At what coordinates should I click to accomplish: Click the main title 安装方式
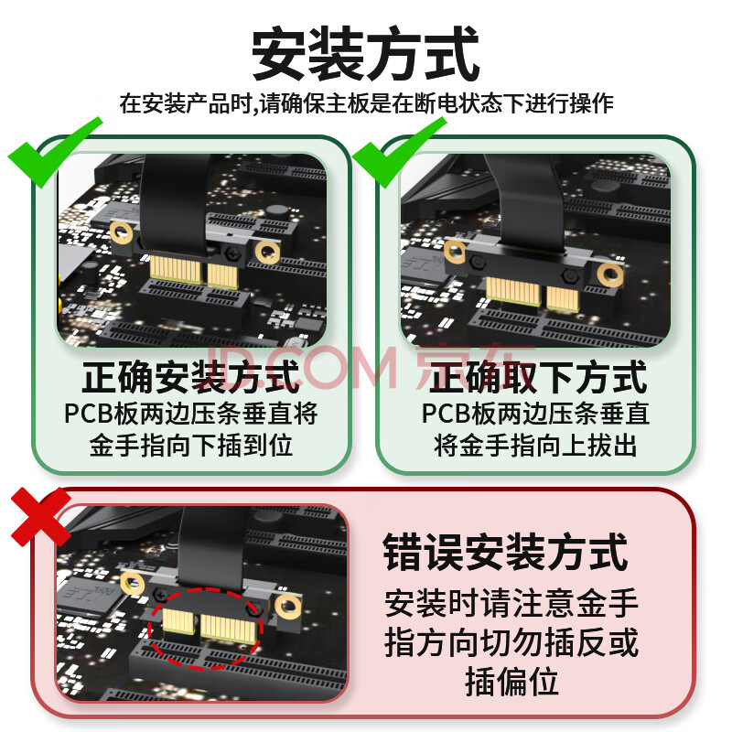(365, 54)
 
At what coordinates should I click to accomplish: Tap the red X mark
(40, 517)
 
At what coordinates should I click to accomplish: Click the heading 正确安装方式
(191, 378)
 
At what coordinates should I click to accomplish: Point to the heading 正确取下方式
(538, 378)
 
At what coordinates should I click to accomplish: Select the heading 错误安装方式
(505, 554)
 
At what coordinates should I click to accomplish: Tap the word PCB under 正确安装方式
(89, 414)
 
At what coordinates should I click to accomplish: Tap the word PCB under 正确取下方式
(447, 414)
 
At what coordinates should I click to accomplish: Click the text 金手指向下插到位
(191, 446)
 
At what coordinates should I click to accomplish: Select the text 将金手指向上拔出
(535, 446)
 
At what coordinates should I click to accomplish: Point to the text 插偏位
(512, 682)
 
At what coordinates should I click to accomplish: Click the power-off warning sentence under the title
(367, 103)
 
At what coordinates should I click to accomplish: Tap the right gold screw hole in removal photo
(610, 274)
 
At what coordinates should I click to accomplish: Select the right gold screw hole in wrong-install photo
(288, 607)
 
